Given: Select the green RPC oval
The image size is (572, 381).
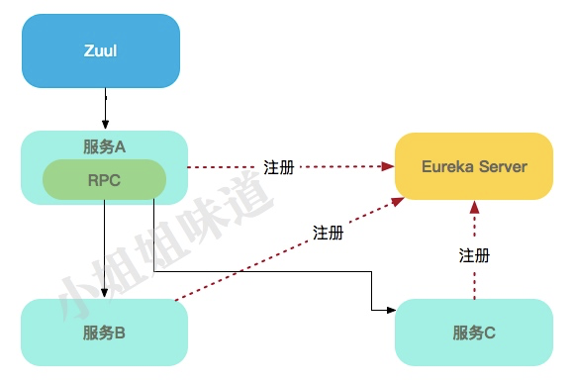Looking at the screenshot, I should pyautogui.click(x=103, y=179).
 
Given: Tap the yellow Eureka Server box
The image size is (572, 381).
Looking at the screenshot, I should pyautogui.click(x=473, y=166).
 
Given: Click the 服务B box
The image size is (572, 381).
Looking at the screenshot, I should pyautogui.click(x=104, y=333).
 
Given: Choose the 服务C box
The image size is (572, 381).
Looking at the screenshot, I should pyautogui.click(x=473, y=333).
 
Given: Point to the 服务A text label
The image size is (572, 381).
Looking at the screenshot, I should pyautogui.click(x=104, y=147).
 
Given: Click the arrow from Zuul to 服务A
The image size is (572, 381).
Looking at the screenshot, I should pyautogui.click(x=104, y=109).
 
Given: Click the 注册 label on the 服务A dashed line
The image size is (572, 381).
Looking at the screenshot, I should pyautogui.click(x=278, y=167).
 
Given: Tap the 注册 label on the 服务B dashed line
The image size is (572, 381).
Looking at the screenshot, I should pyautogui.click(x=328, y=233).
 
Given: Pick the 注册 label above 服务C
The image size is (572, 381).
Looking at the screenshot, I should pyautogui.click(x=474, y=254).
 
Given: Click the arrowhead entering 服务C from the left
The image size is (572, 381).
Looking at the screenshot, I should pyautogui.click(x=388, y=311).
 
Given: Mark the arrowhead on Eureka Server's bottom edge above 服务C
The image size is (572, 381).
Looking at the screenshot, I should pyautogui.click(x=474, y=207).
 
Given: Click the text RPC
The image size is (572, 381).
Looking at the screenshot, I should pyautogui.click(x=103, y=180).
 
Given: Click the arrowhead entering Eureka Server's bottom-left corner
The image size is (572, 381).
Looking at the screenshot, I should pyautogui.click(x=398, y=201).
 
